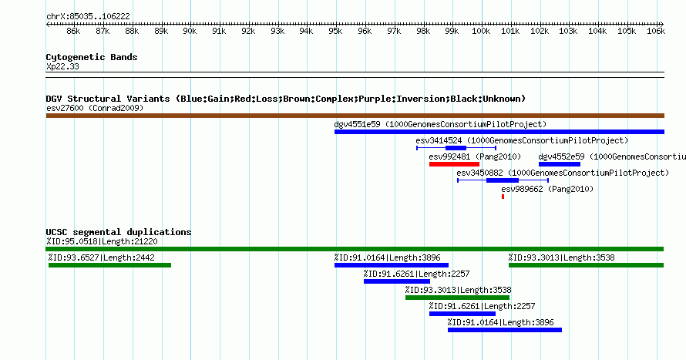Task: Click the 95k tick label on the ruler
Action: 335,32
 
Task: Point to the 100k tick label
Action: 481,32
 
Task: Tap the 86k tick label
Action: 73,32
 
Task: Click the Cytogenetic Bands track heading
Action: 92,57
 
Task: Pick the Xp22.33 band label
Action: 62,66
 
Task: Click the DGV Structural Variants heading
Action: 285,99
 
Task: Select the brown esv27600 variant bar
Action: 355,116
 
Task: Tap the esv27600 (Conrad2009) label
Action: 95,108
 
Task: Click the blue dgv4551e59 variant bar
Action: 499,132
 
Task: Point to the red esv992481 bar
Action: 454,163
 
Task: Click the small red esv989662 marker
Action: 503,197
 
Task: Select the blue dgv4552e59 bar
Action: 560,163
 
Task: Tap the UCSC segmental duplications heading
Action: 119,232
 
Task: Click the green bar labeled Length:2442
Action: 109,265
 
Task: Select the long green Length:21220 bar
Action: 355,249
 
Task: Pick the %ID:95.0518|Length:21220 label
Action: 102,241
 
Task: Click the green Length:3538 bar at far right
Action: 586,265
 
